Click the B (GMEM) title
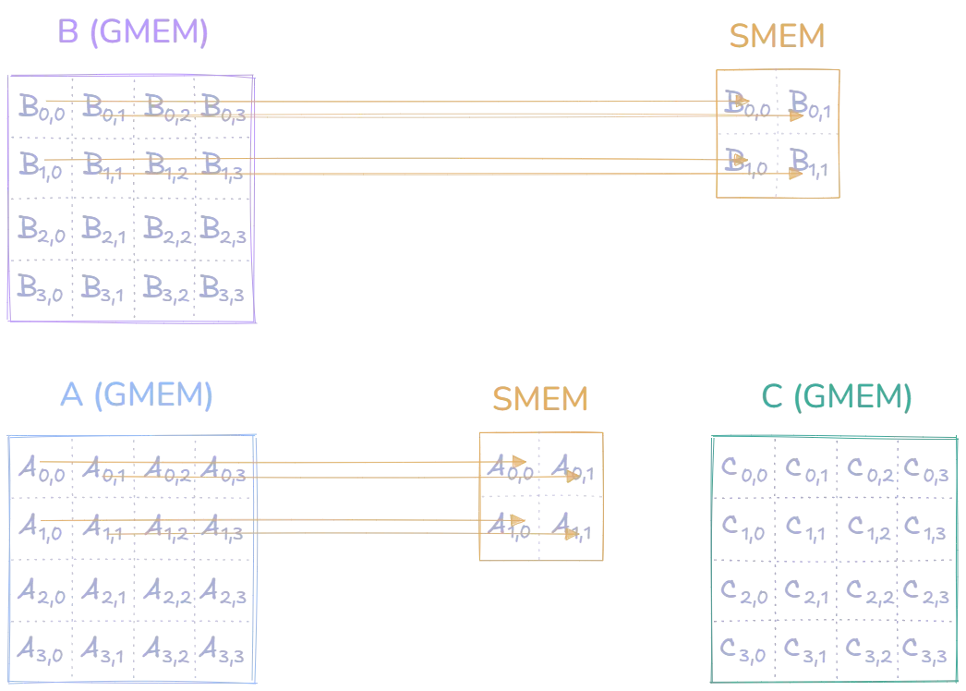133,32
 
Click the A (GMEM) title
136,394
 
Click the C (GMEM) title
837,397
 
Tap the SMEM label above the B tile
776,37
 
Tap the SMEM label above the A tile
539,399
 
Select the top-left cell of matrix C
743,470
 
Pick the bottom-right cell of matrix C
925,650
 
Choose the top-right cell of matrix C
925,470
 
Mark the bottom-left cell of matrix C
743,650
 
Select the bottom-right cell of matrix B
224,291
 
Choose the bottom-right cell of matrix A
224,651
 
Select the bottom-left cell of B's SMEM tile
745,165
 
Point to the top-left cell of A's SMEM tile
510,464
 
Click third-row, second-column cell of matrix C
804,590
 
